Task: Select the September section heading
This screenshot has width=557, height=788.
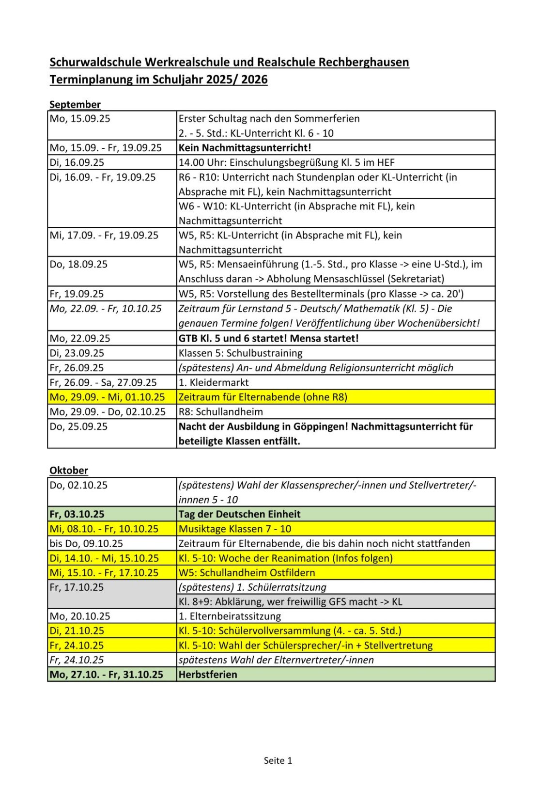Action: pyautogui.click(x=75, y=104)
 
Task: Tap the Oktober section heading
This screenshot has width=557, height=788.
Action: pyautogui.click(x=69, y=470)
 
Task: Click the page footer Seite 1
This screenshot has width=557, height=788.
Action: pyautogui.click(x=278, y=760)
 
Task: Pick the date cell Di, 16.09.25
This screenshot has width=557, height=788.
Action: pyautogui.click(x=77, y=162)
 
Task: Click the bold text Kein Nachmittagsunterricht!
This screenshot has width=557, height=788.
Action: pyautogui.click(x=245, y=148)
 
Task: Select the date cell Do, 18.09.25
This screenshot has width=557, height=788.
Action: pyautogui.click(x=78, y=264)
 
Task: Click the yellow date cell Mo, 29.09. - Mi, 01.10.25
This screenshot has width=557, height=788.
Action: pyautogui.click(x=107, y=397)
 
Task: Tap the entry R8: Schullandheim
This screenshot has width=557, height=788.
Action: pyautogui.click(x=221, y=412)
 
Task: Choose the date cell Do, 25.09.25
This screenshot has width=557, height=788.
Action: pyautogui.click(x=78, y=426)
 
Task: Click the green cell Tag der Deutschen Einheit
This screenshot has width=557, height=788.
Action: pyautogui.click(x=240, y=514)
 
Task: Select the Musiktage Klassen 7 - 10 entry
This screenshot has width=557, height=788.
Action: pyautogui.click(x=235, y=529)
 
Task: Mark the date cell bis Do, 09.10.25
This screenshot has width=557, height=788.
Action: pyautogui.click(x=86, y=543)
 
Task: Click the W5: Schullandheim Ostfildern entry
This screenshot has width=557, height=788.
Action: pyautogui.click(x=247, y=572)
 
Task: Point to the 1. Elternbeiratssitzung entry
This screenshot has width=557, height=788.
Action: pyautogui.click(x=230, y=616)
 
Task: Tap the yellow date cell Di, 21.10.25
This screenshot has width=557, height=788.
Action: pyautogui.click(x=77, y=630)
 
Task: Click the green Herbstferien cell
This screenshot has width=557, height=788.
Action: pyautogui.click(x=208, y=674)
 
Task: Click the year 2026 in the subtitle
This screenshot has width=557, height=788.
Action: pyautogui.click(x=254, y=79)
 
